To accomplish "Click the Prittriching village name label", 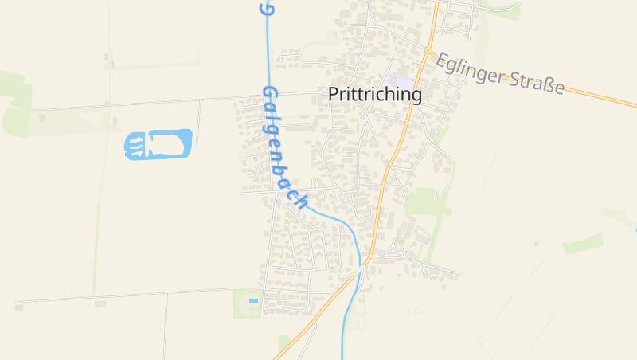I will (375, 94).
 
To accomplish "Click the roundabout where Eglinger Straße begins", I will (428, 49).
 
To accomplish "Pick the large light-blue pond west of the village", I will (159, 144).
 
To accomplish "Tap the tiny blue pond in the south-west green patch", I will (253, 301).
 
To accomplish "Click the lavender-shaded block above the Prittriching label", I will (400, 81).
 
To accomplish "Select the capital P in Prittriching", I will (334, 94).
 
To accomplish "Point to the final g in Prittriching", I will (416, 96).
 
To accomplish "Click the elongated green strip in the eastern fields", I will (583, 244).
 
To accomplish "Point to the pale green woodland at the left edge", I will (14, 104).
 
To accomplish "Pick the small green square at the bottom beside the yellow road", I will (284, 342).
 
